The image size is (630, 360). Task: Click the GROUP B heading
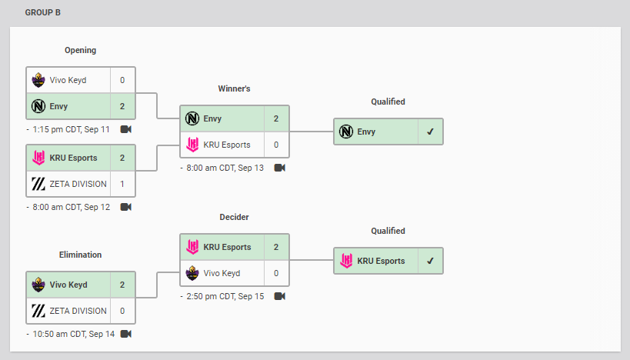click(x=42, y=12)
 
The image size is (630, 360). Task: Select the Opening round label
click(x=80, y=50)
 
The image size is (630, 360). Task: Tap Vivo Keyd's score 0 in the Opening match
click(x=122, y=80)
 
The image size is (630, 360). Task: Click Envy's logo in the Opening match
click(x=38, y=106)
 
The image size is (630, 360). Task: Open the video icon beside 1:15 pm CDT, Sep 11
click(x=125, y=129)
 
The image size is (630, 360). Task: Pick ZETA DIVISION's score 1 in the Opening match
click(x=122, y=184)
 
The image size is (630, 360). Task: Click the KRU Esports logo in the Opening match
click(x=38, y=158)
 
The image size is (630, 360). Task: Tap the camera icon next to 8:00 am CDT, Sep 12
click(x=125, y=207)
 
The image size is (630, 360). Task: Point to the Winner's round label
click(x=235, y=88)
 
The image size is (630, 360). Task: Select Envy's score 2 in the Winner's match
click(x=276, y=118)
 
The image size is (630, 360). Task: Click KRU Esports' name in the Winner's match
click(x=227, y=145)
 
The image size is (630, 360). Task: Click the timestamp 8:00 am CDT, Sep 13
click(x=225, y=168)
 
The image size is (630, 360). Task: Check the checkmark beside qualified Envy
click(x=430, y=132)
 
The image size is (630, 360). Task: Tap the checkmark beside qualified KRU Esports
click(x=430, y=261)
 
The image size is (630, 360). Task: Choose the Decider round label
click(x=235, y=217)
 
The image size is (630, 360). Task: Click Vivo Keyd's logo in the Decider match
click(x=192, y=273)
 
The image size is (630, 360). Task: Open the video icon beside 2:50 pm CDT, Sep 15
click(x=280, y=296)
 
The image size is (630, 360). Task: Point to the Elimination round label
click(x=80, y=255)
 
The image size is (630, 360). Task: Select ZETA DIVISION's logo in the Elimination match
click(x=38, y=311)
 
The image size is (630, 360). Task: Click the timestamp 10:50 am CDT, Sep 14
click(x=74, y=334)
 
